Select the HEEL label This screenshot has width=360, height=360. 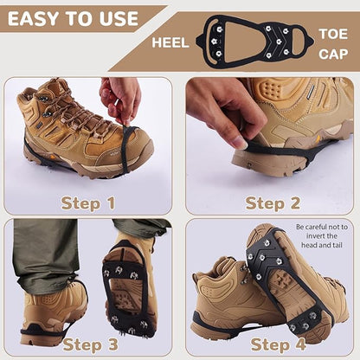pyautogui.click(x=170, y=41)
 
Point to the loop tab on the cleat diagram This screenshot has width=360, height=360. pyautogui.click(x=300, y=38)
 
